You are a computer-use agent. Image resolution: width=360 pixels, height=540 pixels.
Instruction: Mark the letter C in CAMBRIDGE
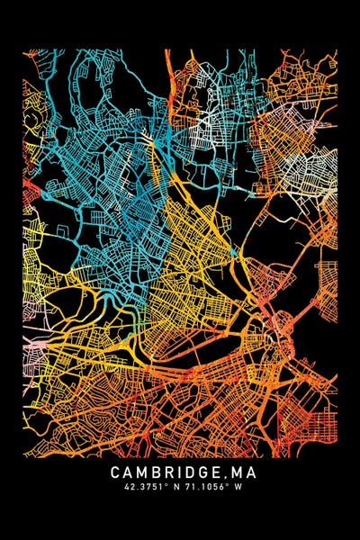[116, 472]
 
